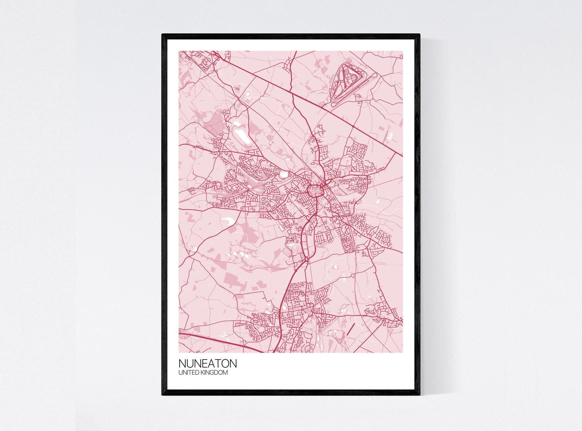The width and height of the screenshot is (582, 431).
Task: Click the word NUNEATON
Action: pos(207,364)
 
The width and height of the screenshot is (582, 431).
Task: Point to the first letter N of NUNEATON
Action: pos(182,364)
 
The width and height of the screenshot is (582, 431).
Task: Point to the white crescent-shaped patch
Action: pos(227,221)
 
